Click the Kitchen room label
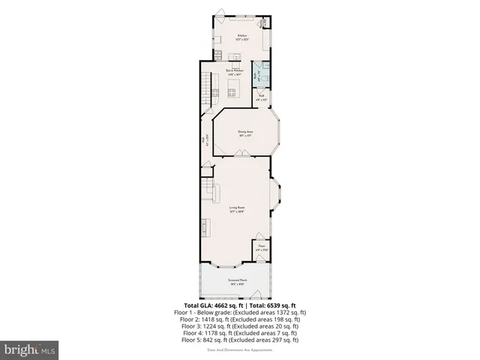pyautogui.click(x=241, y=37)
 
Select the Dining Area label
pyautogui.click(x=245, y=133)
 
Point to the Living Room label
pyautogui.click(x=238, y=209)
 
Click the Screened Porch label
pyautogui.click(x=238, y=282)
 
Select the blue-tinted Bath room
pyautogui.click(x=262, y=74)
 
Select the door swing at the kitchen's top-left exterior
pyautogui.click(x=220, y=13)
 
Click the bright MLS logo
pyautogui.click(x=30, y=349)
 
